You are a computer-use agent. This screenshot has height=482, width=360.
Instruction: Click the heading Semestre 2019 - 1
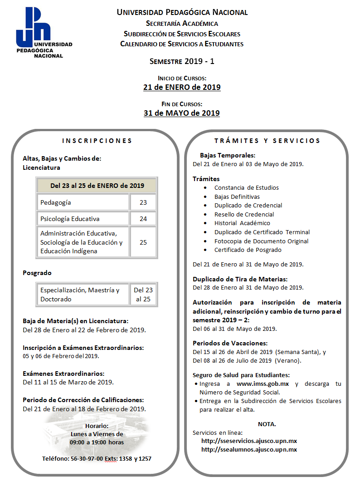[182, 61]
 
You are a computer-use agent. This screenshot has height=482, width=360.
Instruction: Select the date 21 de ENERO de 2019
[182, 87]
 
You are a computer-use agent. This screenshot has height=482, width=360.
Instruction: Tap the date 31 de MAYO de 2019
[182, 113]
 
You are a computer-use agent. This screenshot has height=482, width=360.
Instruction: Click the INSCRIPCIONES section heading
[97, 141]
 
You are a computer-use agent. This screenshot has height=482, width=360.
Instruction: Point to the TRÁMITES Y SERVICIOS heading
[267, 141]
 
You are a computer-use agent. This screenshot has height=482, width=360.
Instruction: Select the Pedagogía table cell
[83, 202]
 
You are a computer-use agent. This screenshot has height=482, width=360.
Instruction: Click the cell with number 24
[143, 219]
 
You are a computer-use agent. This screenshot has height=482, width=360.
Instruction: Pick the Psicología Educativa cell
[83, 219]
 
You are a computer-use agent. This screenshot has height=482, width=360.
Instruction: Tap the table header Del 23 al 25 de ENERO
[97, 185]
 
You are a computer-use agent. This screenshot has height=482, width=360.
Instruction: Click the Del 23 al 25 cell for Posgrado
[143, 295]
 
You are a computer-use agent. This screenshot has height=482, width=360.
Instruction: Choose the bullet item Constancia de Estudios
[246, 187]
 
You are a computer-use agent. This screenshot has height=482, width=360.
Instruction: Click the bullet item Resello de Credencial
[244, 214]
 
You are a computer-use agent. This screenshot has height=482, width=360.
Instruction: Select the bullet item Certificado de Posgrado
[248, 250]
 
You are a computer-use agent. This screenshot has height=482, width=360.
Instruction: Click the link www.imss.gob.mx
[263, 384]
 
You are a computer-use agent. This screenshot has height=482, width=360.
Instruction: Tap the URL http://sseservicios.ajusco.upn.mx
[249, 441]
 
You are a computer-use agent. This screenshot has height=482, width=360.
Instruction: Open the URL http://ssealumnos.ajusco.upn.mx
[249, 449]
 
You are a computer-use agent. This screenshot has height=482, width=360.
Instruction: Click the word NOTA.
[267, 424]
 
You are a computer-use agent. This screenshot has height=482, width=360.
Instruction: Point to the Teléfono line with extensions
[97, 458]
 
